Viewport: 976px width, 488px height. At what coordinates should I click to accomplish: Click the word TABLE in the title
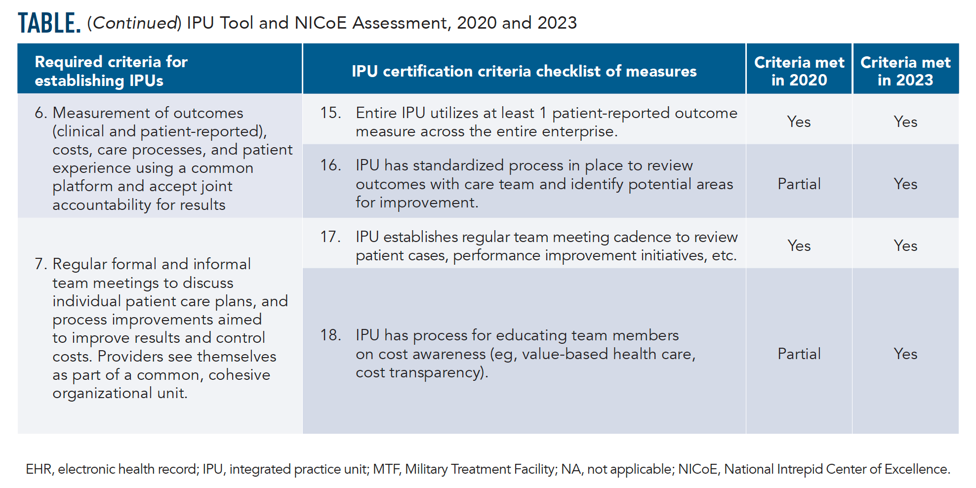48,23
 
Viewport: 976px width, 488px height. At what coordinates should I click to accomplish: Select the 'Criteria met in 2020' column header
799,71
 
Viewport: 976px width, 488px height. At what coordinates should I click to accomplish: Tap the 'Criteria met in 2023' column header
905,71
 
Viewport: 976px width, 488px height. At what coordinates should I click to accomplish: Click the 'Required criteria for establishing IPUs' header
111,71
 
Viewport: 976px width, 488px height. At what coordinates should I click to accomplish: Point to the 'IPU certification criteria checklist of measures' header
524,71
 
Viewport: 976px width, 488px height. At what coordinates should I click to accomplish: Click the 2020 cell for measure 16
799,184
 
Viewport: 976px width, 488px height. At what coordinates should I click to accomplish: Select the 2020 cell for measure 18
799,354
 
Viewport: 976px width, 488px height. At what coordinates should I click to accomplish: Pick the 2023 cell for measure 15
905,122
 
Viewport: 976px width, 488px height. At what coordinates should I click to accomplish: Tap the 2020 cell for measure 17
799,245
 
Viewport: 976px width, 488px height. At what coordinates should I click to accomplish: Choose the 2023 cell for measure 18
905,354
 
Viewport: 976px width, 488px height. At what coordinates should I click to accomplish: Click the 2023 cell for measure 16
905,184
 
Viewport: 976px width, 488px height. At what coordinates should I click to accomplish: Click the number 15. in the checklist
330,113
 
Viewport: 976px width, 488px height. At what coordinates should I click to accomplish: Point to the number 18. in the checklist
330,335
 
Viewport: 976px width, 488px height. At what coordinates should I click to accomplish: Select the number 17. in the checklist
330,237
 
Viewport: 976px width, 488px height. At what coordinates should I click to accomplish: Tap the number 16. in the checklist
330,165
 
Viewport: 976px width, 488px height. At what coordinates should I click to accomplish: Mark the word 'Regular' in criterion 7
80,264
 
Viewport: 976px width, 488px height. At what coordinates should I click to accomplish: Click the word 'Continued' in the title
135,23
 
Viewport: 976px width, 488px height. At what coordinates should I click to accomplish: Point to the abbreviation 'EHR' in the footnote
38,469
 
